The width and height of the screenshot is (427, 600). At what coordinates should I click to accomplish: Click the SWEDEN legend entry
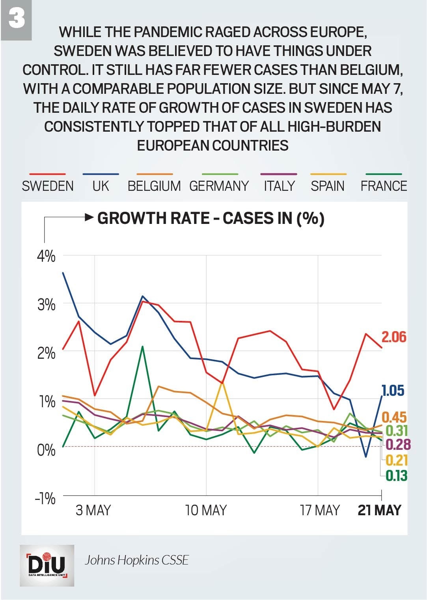coord(48,186)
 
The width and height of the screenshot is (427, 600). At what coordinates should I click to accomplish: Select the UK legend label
coord(101,186)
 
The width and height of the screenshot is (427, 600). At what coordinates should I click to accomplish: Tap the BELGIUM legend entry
coord(154,186)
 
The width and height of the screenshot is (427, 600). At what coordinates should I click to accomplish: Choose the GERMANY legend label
coord(219,186)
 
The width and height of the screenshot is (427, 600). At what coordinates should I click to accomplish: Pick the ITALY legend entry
coord(279,186)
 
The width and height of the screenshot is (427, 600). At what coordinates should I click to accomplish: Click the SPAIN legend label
coord(328,186)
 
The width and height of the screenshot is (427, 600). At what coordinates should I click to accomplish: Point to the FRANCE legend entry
coord(384,186)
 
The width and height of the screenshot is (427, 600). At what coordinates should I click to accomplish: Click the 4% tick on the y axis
coord(47,257)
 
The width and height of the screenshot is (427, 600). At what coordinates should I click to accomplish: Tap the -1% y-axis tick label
coord(45,499)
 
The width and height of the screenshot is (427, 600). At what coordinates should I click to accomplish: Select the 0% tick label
coord(47,450)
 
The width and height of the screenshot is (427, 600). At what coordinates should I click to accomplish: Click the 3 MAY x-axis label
coord(93,511)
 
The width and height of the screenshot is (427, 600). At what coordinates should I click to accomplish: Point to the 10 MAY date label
coord(206,511)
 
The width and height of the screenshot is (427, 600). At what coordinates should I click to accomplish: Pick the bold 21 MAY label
coord(379,511)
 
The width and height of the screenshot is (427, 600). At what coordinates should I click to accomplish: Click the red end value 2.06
coord(393,337)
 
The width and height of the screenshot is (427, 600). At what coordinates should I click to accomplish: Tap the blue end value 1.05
coord(393,391)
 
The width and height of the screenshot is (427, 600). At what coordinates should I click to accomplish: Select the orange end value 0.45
coord(394,417)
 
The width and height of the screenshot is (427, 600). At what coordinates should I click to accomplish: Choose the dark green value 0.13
coord(396,476)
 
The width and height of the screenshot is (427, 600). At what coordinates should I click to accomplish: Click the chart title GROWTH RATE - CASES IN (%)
coord(211,218)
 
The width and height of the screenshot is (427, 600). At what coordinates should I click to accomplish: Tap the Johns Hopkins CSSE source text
coord(137,560)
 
